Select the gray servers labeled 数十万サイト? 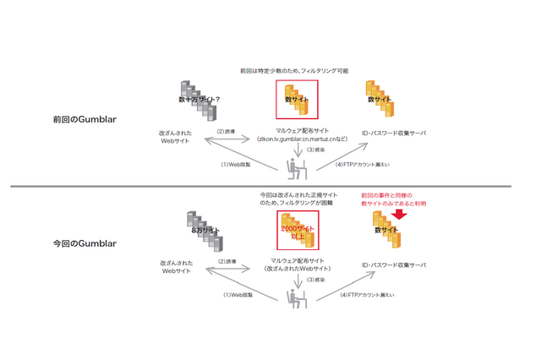click(200, 101)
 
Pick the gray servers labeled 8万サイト click(203, 231)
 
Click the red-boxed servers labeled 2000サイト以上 click(297, 231)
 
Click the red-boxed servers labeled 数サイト click(297, 100)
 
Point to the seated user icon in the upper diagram click(296, 167)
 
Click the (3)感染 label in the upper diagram click(316, 150)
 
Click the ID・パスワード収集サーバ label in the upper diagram click(391, 132)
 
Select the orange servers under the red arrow click(388, 230)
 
